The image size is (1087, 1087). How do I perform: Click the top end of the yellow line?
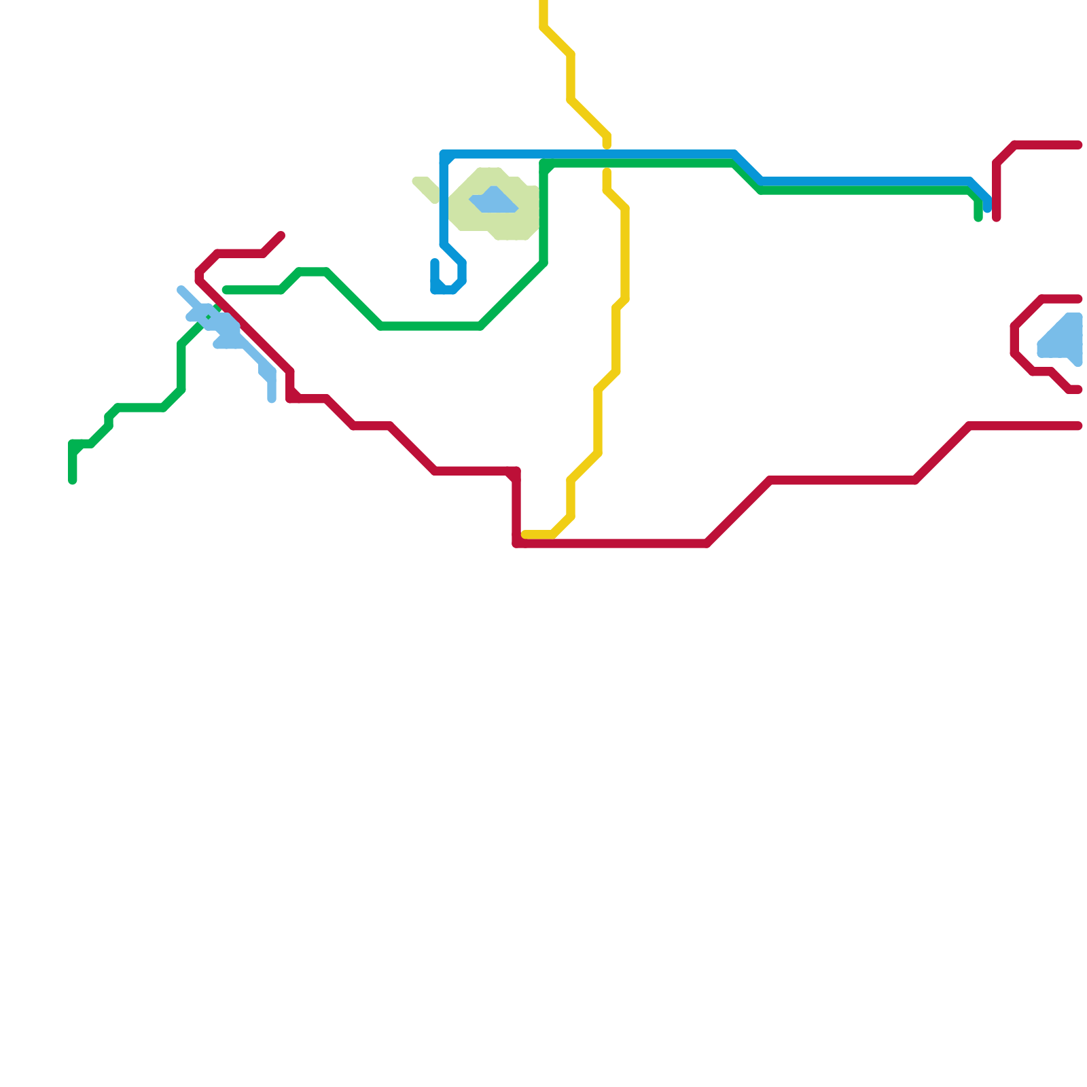(x=544, y=3)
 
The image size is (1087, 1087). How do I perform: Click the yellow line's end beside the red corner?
(x=525, y=535)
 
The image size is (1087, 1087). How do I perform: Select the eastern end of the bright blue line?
(x=987, y=207)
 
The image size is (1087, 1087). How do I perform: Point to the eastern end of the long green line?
(x=978, y=217)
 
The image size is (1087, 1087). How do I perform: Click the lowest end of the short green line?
(x=73, y=481)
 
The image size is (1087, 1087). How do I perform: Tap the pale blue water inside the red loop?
(x=1063, y=340)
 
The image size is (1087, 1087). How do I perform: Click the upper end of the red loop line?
(x=1078, y=299)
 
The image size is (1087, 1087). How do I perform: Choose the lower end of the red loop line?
(x=1077, y=389)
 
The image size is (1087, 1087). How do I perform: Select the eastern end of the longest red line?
(x=1078, y=426)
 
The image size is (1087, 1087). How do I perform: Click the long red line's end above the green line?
(x=281, y=236)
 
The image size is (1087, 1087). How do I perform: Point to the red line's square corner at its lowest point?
(x=517, y=543)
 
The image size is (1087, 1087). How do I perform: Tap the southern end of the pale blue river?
(x=272, y=399)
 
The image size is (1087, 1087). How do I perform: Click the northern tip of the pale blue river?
(x=181, y=290)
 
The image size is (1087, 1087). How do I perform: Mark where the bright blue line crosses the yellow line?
(x=607, y=154)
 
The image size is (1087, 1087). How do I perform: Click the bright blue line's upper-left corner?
(x=444, y=155)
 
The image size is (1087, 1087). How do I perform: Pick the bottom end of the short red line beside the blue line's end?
(x=997, y=217)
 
